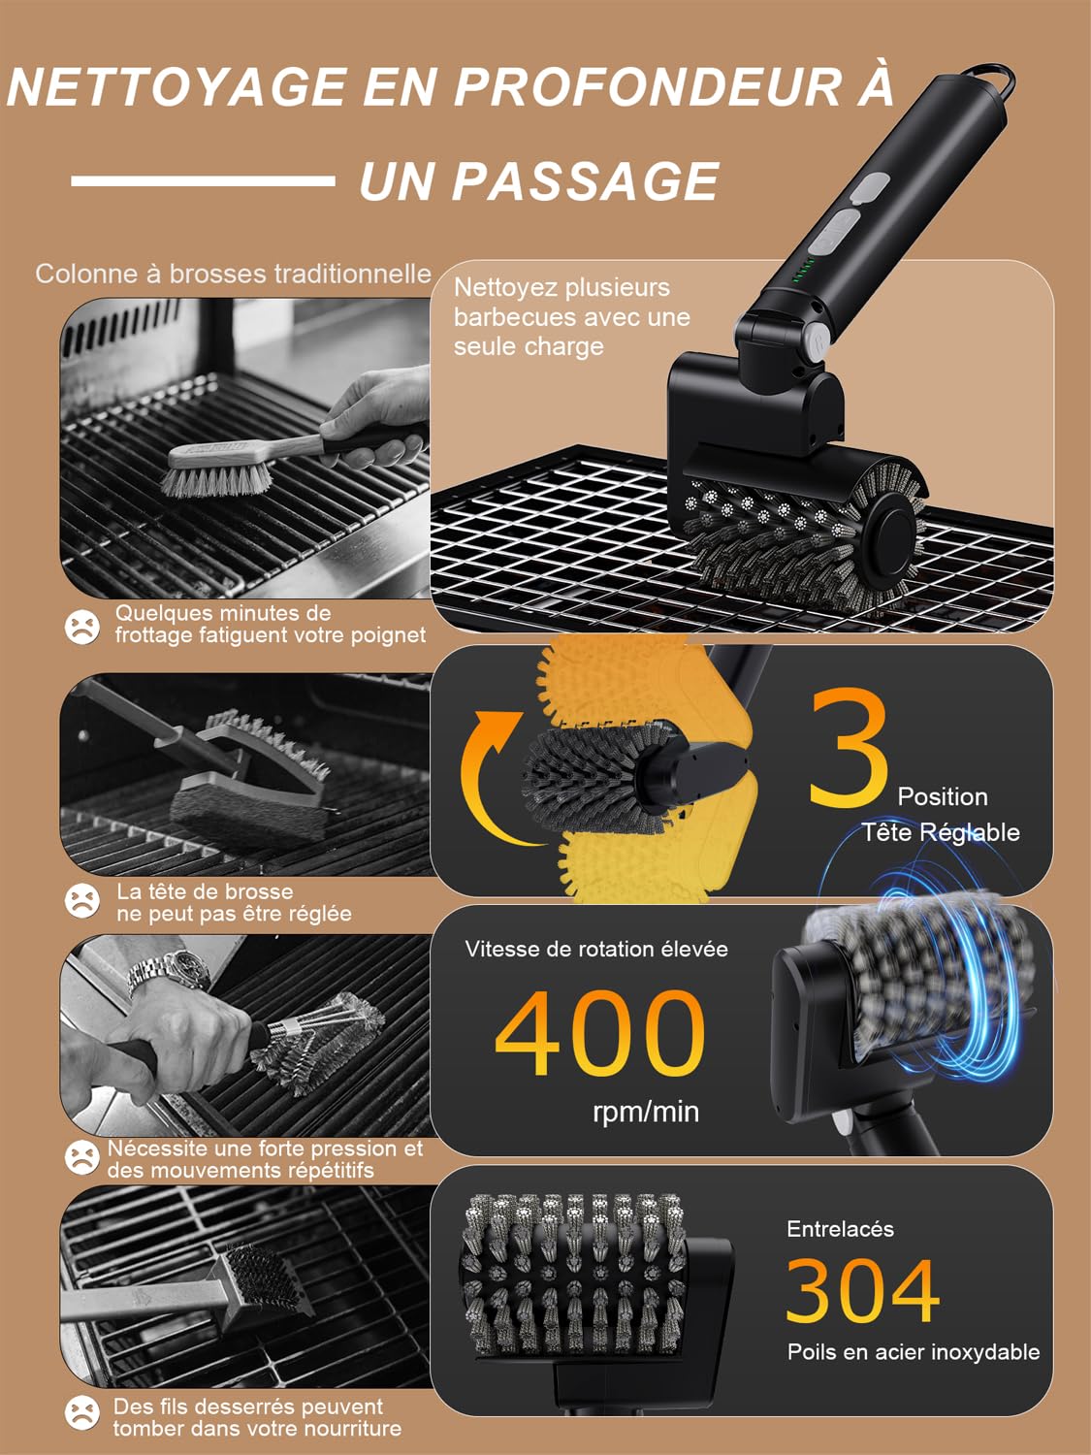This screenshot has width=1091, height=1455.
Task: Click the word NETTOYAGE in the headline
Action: pyautogui.click(x=176, y=86)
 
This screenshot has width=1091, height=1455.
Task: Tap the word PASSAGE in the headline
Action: pyautogui.click(x=586, y=180)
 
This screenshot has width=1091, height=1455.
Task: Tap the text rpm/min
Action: pyautogui.click(x=646, y=1112)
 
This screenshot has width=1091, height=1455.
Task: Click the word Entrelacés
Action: pyautogui.click(x=840, y=1229)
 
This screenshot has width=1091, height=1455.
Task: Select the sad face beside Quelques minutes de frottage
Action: pyautogui.click(x=82, y=627)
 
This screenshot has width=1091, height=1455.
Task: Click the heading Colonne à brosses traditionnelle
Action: pyautogui.click(x=233, y=274)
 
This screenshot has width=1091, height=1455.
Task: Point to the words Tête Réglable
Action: pyautogui.click(x=940, y=832)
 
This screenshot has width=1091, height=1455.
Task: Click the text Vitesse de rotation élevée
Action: pyautogui.click(x=596, y=949)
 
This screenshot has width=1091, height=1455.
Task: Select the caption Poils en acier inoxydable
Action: pyautogui.click(x=914, y=1352)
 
